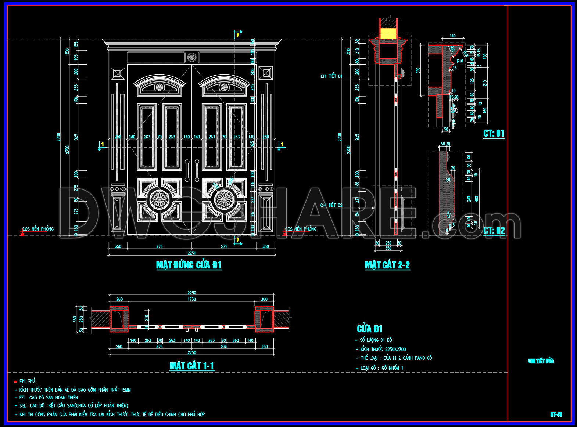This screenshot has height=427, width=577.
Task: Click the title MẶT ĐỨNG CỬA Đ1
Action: point(189,265)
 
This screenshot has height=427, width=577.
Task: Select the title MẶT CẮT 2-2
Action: point(387,265)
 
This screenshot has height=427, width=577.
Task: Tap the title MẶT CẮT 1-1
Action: point(191,366)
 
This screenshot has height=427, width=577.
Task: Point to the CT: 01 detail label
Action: point(494,133)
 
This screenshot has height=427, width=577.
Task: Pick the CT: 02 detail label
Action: point(494,231)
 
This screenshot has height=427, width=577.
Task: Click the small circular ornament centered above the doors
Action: point(191,57)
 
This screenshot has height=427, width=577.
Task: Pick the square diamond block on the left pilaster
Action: point(118,73)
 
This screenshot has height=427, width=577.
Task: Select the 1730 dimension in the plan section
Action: point(191,299)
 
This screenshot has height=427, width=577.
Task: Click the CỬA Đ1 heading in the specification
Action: point(370,329)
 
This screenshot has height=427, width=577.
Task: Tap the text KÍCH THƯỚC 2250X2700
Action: point(383,350)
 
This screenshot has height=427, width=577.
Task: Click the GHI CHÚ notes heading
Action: point(28,381)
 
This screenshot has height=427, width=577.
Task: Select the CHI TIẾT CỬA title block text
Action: point(541,361)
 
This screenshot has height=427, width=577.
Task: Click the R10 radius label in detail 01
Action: point(460,61)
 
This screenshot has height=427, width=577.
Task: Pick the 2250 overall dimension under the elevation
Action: point(191,253)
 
